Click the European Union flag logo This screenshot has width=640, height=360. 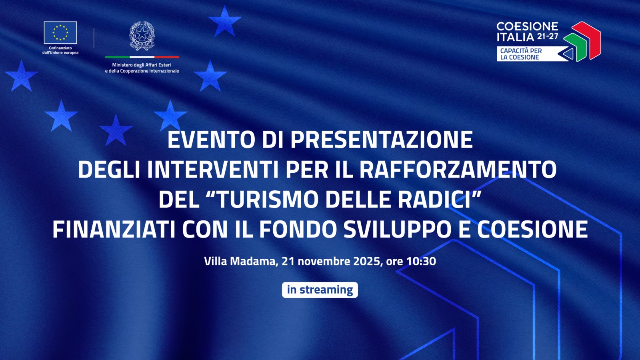coord(60,33)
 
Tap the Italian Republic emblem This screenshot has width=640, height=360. coord(142,36)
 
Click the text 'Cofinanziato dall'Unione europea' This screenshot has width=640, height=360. coord(60,50)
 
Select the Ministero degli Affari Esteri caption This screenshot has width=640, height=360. coord(142,68)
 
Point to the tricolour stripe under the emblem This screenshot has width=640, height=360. coord(142,57)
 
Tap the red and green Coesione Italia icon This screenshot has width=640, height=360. coord(583,41)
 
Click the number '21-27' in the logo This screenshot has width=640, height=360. coord(548,36)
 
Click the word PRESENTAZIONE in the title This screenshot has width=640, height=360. coord(382,140)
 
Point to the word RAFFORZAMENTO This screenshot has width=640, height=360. coord(458,170)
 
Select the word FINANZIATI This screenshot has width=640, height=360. coord(114,230)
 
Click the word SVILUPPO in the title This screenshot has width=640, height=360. coord(398,230)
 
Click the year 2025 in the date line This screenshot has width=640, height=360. coord(367,262)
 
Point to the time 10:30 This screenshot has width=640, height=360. coord(421,262)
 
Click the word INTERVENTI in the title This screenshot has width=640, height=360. coord(212,170)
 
